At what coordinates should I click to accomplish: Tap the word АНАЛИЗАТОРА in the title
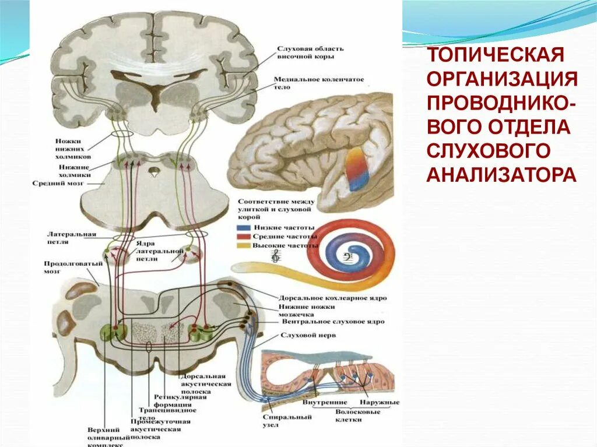click(502, 174)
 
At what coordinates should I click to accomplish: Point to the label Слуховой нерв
click(300, 336)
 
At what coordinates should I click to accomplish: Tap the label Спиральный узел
click(275, 421)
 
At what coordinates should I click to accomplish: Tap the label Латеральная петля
click(71, 237)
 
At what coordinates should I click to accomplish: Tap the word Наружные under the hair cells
click(379, 402)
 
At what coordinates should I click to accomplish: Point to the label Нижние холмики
click(73, 170)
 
